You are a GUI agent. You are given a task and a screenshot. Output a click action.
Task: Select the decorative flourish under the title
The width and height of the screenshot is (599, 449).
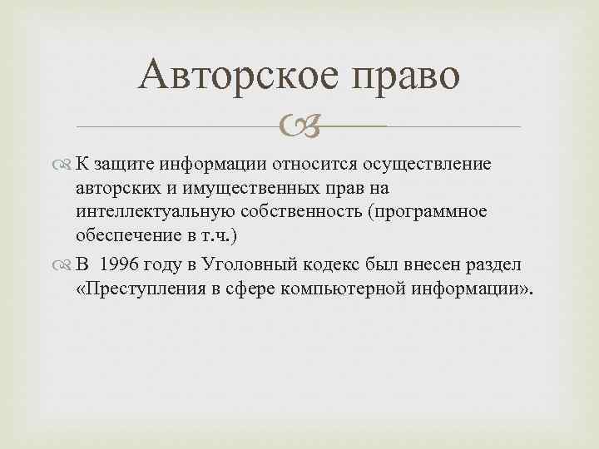(299, 126)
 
